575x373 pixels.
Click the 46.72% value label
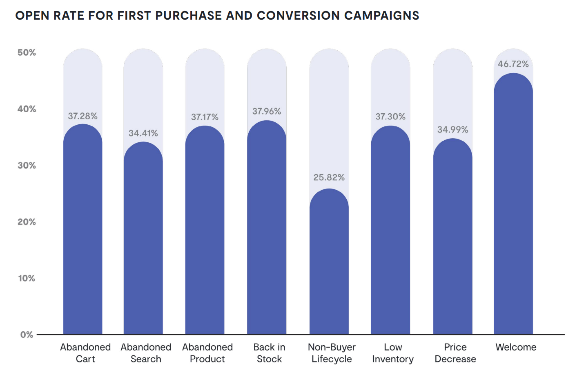pyautogui.click(x=513, y=64)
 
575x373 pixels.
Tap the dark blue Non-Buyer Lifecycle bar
pyautogui.click(x=329, y=262)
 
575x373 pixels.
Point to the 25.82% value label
pyautogui.click(x=329, y=178)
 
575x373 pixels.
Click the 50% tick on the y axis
pyautogui.click(x=27, y=53)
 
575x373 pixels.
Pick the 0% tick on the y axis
pyautogui.click(x=27, y=335)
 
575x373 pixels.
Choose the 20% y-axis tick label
pyautogui.click(x=27, y=222)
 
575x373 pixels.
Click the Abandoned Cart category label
pyautogui.click(x=85, y=353)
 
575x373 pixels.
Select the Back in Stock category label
pyautogui.click(x=269, y=353)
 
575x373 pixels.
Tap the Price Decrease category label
pyautogui.click(x=455, y=353)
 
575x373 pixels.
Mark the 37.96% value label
pyautogui.click(x=267, y=111)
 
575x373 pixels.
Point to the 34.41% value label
pyautogui.click(x=143, y=133)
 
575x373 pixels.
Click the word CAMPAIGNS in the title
pyautogui.click(x=381, y=16)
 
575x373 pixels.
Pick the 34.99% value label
pyautogui.click(x=452, y=130)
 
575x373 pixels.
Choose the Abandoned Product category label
pyautogui.click(x=207, y=353)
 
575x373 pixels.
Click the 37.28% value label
pyautogui.click(x=82, y=116)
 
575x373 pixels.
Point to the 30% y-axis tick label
pyautogui.click(x=27, y=166)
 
